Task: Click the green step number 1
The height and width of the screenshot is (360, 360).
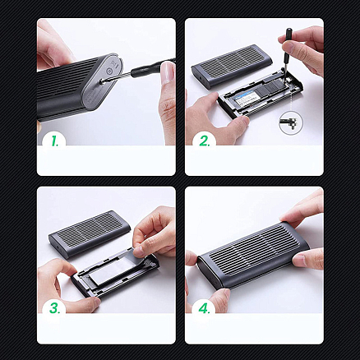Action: pos(55,141)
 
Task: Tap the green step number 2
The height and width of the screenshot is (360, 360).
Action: pos(205,141)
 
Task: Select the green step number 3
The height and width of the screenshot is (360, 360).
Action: pos(55,308)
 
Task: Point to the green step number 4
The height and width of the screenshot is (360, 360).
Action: pos(205,308)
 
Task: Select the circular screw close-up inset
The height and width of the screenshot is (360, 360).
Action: pos(291,123)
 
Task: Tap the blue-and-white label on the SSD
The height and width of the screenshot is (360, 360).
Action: pos(243,95)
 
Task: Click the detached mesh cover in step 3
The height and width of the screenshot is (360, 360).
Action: pos(88,233)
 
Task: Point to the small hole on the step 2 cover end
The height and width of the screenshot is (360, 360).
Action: pos(202,78)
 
